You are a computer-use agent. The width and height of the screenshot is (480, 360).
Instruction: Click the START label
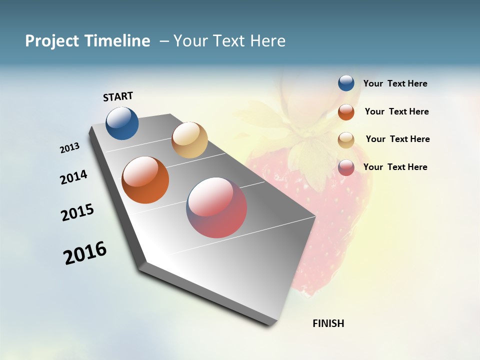(118, 96)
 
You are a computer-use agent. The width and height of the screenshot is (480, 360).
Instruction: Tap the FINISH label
(328, 323)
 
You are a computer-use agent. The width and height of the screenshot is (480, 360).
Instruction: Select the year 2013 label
(70, 148)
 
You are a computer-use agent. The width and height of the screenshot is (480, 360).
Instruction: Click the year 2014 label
(73, 177)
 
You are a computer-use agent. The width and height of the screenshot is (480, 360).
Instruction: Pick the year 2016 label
(85, 252)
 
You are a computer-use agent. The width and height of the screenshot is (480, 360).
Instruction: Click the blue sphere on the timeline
(122, 123)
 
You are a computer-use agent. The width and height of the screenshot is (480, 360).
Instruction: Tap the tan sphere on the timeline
(189, 140)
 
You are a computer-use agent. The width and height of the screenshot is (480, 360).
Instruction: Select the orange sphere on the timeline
(145, 180)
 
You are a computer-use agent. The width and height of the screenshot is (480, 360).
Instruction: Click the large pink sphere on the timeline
(216, 207)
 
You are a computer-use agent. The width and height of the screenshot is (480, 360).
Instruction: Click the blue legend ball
(346, 83)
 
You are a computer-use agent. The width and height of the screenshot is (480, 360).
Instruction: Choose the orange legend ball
(346, 111)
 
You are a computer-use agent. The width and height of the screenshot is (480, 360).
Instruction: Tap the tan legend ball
(346, 139)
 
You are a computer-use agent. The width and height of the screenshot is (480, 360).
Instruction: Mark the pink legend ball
(346, 167)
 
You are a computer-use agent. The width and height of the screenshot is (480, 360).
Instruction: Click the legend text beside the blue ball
(395, 83)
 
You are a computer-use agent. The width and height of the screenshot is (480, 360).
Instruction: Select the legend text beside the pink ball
(395, 167)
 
